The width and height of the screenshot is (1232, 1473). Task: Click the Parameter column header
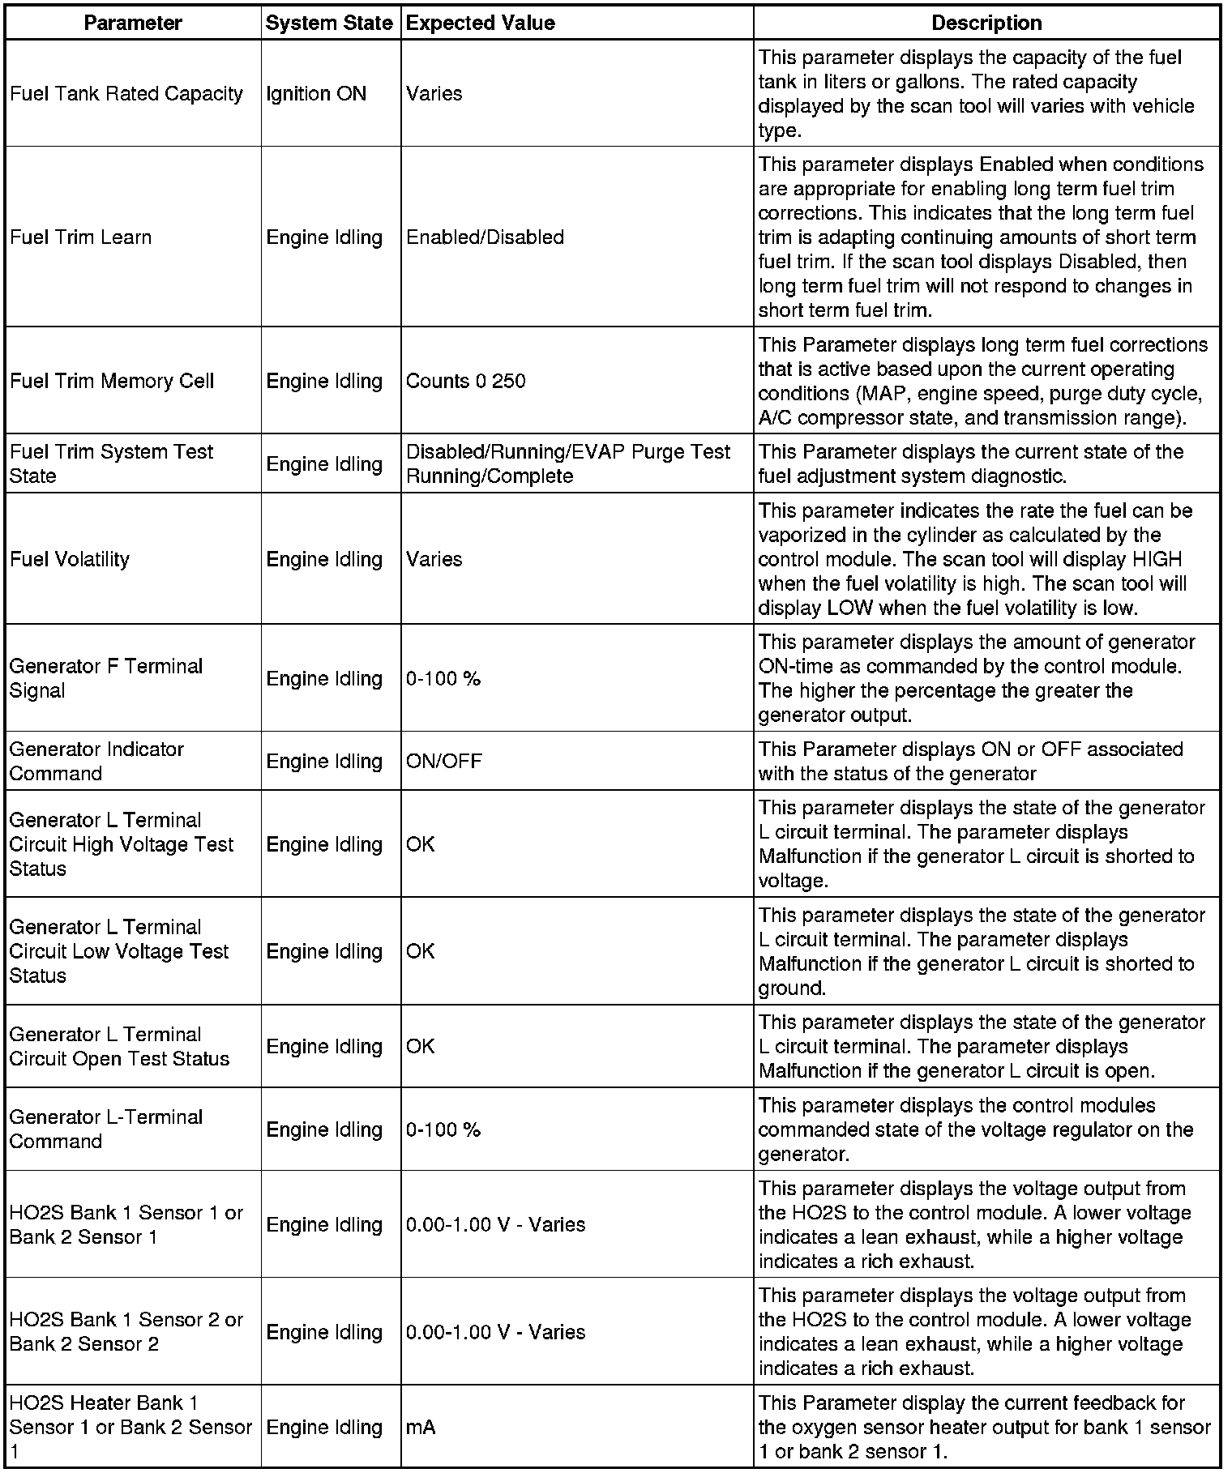133,23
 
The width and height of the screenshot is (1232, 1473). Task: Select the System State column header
329,23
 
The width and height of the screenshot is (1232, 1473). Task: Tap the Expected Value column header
481,23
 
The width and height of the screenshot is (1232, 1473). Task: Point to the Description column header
986,23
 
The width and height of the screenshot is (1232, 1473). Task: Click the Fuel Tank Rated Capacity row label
126,94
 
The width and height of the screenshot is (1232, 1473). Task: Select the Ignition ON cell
316,94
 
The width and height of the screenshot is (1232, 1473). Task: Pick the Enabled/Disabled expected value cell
485,237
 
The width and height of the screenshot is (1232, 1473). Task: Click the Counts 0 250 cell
465,381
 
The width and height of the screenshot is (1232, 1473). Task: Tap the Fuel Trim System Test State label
111,463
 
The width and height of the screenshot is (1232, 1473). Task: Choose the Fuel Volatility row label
70,559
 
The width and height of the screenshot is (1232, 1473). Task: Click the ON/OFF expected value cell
443,761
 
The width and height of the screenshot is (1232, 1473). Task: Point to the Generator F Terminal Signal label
105,678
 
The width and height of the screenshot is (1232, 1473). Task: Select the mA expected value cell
421,1427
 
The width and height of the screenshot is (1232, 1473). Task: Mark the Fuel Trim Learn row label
80,237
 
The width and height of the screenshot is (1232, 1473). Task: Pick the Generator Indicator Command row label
96,761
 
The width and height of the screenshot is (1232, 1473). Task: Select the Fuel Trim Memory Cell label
111,381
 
